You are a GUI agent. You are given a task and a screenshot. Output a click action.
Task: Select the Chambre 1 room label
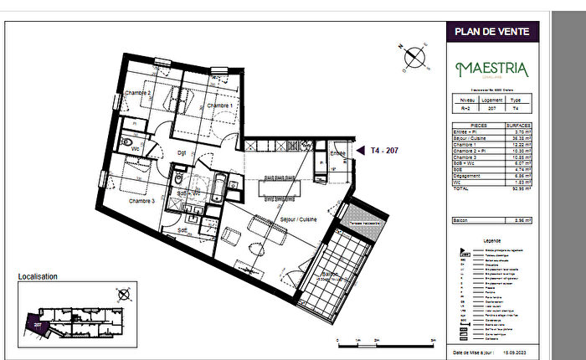[219, 106]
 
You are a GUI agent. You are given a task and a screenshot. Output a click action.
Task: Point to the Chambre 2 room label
[137, 93]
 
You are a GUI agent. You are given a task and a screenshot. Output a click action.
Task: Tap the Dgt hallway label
[180, 152]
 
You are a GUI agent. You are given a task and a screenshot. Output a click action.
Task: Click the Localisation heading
[38, 275]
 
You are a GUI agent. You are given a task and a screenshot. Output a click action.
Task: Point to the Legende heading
[492, 241]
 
